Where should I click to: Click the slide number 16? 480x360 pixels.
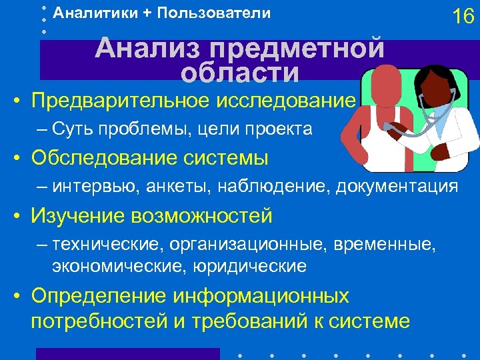pyautogui.click(x=463, y=16)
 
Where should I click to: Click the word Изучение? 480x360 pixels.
pyautogui.click(x=75, y=216)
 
